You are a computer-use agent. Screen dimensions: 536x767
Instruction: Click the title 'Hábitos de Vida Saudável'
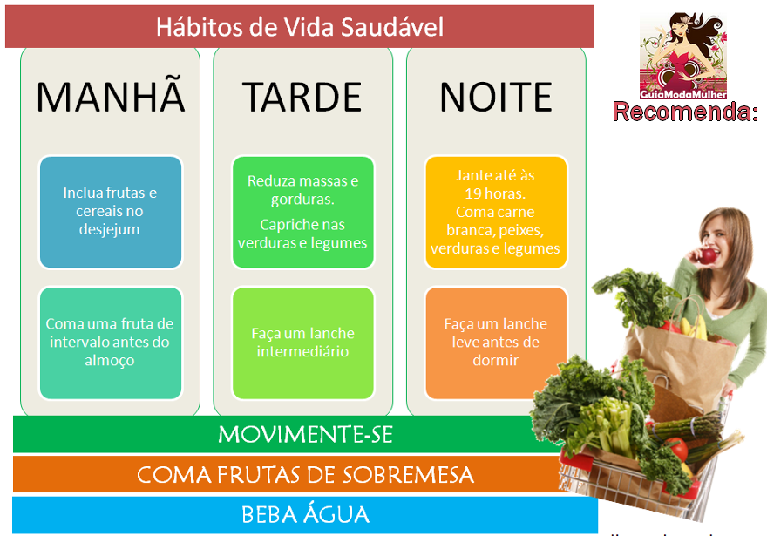(x=299, y=26)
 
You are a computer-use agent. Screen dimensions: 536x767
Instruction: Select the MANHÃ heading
(x=111, y=98)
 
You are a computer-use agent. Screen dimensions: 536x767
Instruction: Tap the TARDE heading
(x=302, y=98)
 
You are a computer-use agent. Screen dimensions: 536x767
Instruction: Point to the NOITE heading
(x=495, y=98)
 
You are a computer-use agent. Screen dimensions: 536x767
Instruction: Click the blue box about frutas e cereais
(x=111, y=212)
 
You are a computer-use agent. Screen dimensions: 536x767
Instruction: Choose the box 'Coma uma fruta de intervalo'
(x=111, y=343)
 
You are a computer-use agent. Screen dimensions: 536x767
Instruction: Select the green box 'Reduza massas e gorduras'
(x=302, y=212)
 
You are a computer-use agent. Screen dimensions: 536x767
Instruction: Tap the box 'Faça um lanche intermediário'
(x=302, y=343)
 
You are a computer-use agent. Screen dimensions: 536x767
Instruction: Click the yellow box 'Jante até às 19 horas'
(x=495, y=212)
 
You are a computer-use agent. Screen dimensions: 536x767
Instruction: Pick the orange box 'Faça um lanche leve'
(x=495, y=343)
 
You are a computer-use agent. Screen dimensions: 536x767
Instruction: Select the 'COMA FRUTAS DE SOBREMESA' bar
(x=288, y=475)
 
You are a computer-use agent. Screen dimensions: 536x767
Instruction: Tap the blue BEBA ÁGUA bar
(x=305, y=514)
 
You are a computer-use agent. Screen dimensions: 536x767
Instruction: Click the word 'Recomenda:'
(x=685, y=112)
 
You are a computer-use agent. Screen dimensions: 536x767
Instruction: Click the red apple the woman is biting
(x=709, y=256)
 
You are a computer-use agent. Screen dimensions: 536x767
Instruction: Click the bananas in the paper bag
(x=693, y=327)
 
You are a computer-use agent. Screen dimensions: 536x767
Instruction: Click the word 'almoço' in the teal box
(x=111, y=361)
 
